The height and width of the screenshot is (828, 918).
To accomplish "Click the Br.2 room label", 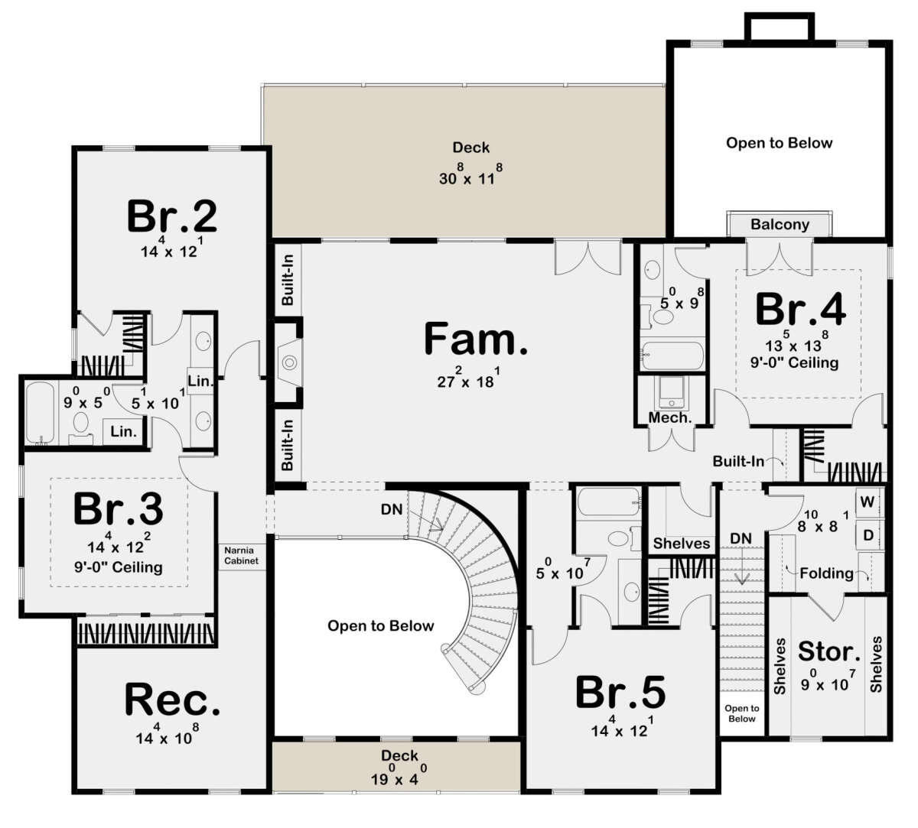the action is click(171, 216).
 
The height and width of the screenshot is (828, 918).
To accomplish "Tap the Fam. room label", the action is click(476, 339).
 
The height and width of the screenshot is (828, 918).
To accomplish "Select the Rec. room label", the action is click(172, 699).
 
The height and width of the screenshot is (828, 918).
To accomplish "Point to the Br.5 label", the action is click(620, 692).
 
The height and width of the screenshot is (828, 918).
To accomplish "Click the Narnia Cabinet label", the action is click(241, 555).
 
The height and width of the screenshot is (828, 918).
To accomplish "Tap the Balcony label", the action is click(780, 225).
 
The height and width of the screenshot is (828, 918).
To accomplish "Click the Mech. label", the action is click(670, 417).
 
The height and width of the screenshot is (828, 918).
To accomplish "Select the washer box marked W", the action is click(868, 502).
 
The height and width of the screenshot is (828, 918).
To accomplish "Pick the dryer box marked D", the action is click(868, 534).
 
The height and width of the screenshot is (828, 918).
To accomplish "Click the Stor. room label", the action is click(828, 651).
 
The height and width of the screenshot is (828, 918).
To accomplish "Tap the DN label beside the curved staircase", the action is click(392, 509).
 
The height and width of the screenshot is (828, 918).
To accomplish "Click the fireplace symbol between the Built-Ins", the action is click(289, 362).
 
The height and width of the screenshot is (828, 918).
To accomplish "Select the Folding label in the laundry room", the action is click(826, 573).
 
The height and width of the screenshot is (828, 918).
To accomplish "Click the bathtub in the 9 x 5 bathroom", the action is click(40, 413).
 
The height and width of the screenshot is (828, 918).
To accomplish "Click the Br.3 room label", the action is click(118, 508).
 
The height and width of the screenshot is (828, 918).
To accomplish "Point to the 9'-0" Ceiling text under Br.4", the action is click(794, 362).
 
